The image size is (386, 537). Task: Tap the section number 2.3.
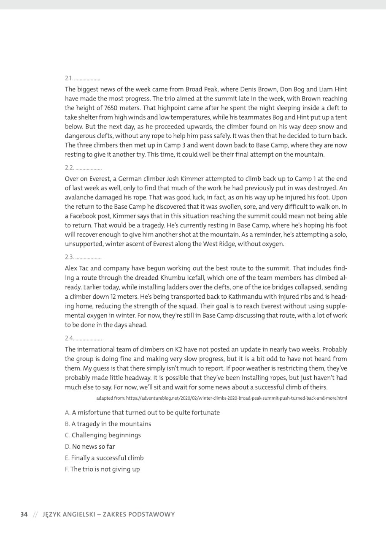click(x=69, y=257)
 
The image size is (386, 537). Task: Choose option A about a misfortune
click(x=143, y=412)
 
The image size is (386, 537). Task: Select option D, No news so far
click(x=90, y=447)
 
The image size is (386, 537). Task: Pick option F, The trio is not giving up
click(x=102, y=469)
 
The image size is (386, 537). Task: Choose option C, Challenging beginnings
click(x=103, y=435)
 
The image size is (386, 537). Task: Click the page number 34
click(x=24, y=514)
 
